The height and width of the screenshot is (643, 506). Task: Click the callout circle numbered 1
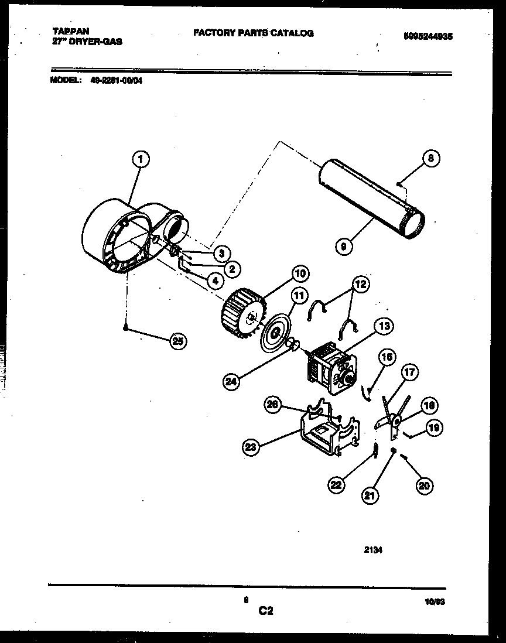coord(139,158)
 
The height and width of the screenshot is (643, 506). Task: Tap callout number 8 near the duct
coord(430,158)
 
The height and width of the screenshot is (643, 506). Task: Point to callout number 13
coord(385,327)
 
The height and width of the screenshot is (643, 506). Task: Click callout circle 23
coord(251,447)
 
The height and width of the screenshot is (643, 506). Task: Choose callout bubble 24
coord(232,382)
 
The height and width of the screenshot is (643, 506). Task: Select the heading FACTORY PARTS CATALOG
coord(254,33)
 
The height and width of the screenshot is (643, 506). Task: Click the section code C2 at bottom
coord(265,611)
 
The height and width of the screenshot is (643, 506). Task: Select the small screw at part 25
coord(125,329)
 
